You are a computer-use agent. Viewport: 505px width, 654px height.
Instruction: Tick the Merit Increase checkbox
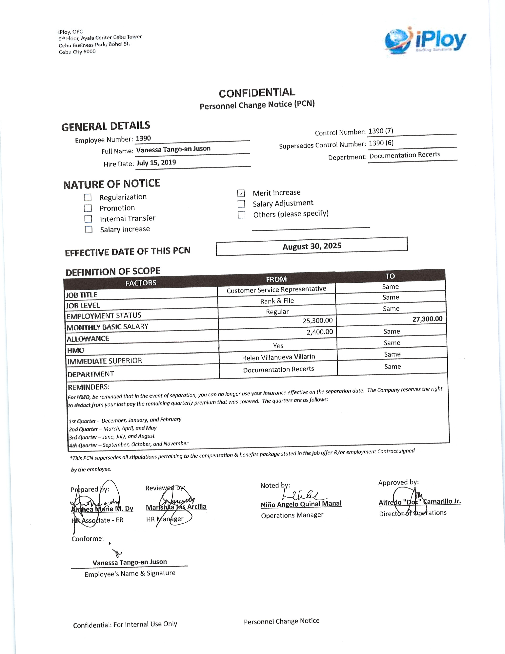point(241,193)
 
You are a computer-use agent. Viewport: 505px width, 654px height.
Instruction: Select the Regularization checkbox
point(88,197)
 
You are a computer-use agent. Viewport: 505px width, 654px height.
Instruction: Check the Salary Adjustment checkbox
point(241,204)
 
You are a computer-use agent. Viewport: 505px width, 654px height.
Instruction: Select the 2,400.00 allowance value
point(319,332)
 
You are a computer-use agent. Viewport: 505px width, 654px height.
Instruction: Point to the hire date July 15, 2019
point(156,163)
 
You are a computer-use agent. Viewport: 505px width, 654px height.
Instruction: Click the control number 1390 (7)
point(381,131)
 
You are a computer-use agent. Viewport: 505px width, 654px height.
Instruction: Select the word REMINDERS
point(89,387)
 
